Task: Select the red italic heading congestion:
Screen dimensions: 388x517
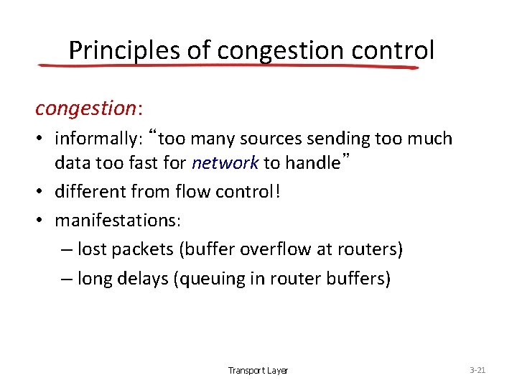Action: [89, 108]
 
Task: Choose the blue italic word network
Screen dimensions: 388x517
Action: [225, 163]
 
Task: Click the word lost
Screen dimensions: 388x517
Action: [90, 249]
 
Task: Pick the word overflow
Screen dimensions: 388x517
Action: [269, 249]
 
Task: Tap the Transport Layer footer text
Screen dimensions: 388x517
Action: [258, 371]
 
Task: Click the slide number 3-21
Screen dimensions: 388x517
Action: [478, 370]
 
